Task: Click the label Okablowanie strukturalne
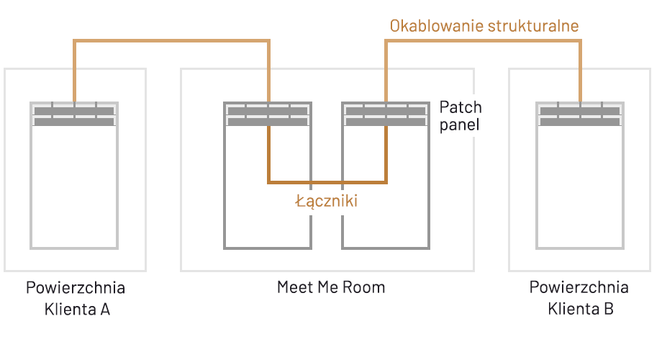click(484, 26)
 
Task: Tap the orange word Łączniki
click(327, 202)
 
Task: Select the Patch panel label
click(461, 115)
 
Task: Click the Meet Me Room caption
click(331, 287)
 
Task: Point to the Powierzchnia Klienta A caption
click(76, 298)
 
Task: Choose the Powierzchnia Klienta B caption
click(579, 298)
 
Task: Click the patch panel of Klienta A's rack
click(74, 116)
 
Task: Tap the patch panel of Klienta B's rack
click(580, 116)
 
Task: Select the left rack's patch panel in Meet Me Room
click(268, 116)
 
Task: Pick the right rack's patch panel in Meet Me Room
click(386, 116)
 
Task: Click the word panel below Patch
click(460, 125)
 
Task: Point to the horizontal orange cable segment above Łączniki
click(327, 181)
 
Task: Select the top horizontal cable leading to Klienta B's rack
click(483, 41)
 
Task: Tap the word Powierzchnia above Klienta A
click(76, 288)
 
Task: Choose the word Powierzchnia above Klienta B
click(579, 288)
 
